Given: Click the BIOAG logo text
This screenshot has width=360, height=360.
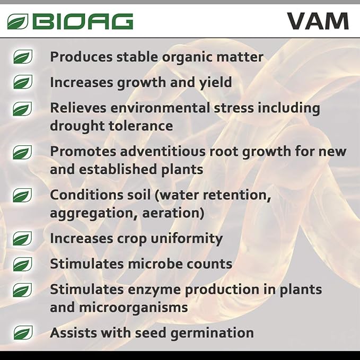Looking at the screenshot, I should pyautogui.click(x=82, y=21).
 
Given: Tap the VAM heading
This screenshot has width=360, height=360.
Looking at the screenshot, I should pyautogui.click(x=318, y=21).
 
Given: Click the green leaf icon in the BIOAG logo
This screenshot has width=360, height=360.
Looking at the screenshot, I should pyautogui.click(x=18, y=22).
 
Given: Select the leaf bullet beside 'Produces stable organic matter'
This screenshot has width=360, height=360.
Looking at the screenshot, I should pyautogui.click(x=23, y=57).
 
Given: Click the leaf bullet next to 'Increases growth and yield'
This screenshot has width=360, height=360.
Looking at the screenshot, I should pyautogui.click(x=23, y=82).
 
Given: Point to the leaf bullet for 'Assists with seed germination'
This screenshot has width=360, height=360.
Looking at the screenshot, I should pyautogui.click(x=23, y=333).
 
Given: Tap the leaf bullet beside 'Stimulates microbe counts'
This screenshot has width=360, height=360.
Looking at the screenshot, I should pyautogui.click(x=23, y=264).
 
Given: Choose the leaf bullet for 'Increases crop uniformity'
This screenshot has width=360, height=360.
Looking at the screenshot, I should pyautogui.click(x=23, y=239).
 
